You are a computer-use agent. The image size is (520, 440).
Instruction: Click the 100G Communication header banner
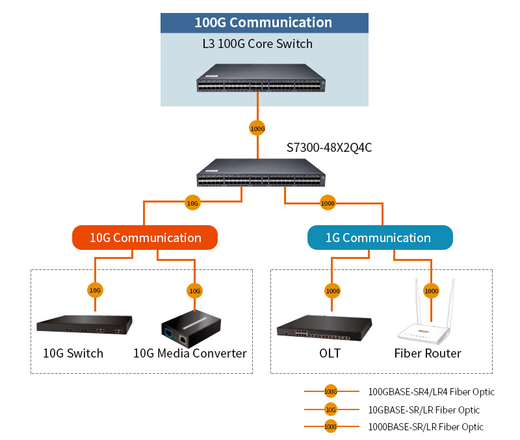[264, 23]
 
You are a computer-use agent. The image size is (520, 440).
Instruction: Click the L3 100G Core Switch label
[258, 44]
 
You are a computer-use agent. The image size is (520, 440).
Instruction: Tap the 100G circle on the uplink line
[257, 128]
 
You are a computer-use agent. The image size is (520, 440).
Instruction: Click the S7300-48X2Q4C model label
[329, 147]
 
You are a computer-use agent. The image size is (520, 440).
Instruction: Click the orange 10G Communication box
[144, 238]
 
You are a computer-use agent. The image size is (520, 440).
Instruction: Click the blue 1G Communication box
[380, 238]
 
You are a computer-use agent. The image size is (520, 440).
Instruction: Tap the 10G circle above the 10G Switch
[95, 290]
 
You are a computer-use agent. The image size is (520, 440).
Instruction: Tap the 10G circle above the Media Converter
[194, 290]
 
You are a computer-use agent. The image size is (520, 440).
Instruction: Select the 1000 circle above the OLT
[332, 291]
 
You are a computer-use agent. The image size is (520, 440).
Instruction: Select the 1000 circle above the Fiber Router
[431, 291]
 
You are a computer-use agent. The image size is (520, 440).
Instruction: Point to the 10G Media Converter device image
[190, 327]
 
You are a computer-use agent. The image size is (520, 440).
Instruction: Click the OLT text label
[330, 354]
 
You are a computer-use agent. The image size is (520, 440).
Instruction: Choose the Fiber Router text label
[428, 354]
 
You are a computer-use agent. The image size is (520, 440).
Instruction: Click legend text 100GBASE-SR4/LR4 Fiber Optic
[431, 392]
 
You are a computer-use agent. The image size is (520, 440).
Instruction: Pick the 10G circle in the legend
[331, 409]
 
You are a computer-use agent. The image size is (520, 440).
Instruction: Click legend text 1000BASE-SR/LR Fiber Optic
[426, 427]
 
